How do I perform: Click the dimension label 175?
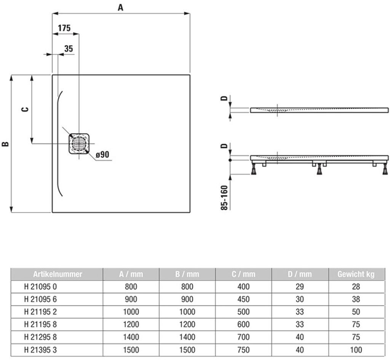click(x=64, y=28)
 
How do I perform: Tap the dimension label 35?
click(x=69, y=48)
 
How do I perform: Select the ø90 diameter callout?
click(x=102, y=155)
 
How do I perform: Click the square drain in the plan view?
click(x=79, y=143)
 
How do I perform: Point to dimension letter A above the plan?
click(x=120, y=8)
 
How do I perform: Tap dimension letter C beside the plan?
click(x=26, y=109)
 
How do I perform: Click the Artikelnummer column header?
click(x=58, y=274)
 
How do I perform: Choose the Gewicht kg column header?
click(x=356, y=274)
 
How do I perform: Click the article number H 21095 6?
click(x=40, y=299)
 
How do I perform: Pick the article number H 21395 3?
click(x=40, y=350)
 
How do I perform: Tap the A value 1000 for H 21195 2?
click(x=131, y=312)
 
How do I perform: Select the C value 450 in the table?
click(x=243, y=299)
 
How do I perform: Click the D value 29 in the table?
click(x=300, y=287)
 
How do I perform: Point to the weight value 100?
click(x=356, y=350)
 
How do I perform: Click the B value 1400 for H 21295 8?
click(x=187, y=337)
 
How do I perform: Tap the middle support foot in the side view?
click(x=320, y=169)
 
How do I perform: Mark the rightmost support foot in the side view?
click(x=385, y=169)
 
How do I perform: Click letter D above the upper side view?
click(x=224, y=99)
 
